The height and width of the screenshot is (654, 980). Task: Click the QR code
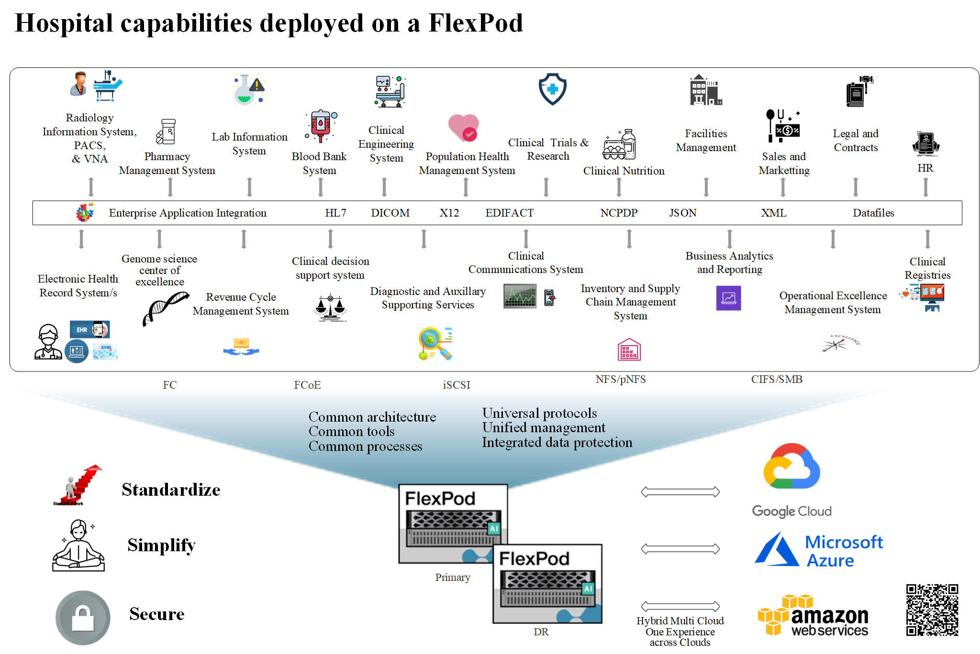coord(932,610)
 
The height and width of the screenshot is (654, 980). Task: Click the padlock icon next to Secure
coord(83,618)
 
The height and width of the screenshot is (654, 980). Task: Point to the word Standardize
coord(171,490)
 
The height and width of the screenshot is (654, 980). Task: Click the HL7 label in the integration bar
coord(335,213)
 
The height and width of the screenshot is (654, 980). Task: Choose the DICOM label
coord(390,213)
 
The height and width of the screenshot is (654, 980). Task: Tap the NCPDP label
coord(619,213)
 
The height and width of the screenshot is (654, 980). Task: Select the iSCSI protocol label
coord(457,385)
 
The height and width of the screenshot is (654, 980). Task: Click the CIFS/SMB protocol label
coord(777,379)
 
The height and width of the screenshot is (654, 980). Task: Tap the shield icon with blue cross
coord(553,89)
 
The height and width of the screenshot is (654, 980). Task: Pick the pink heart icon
coord(463,128)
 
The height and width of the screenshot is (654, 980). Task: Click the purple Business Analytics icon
coord(728,298)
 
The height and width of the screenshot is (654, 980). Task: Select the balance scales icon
coord(330,308)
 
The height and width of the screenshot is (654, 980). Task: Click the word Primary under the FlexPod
coord(453,577)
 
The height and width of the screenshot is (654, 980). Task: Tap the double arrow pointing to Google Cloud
coord(680,491)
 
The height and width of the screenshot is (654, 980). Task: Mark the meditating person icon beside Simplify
coord(78,546)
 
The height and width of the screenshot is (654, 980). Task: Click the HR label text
coord(925,168)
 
